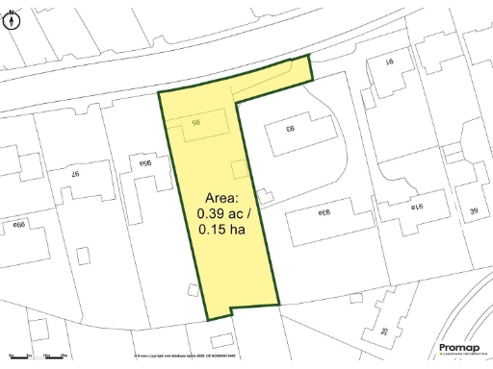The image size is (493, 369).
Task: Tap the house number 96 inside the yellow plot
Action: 195,123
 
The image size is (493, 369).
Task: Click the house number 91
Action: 393,63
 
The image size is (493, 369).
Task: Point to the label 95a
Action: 148,164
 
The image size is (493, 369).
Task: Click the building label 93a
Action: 321,211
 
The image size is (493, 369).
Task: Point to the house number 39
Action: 473,210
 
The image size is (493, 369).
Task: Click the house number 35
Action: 385,331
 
